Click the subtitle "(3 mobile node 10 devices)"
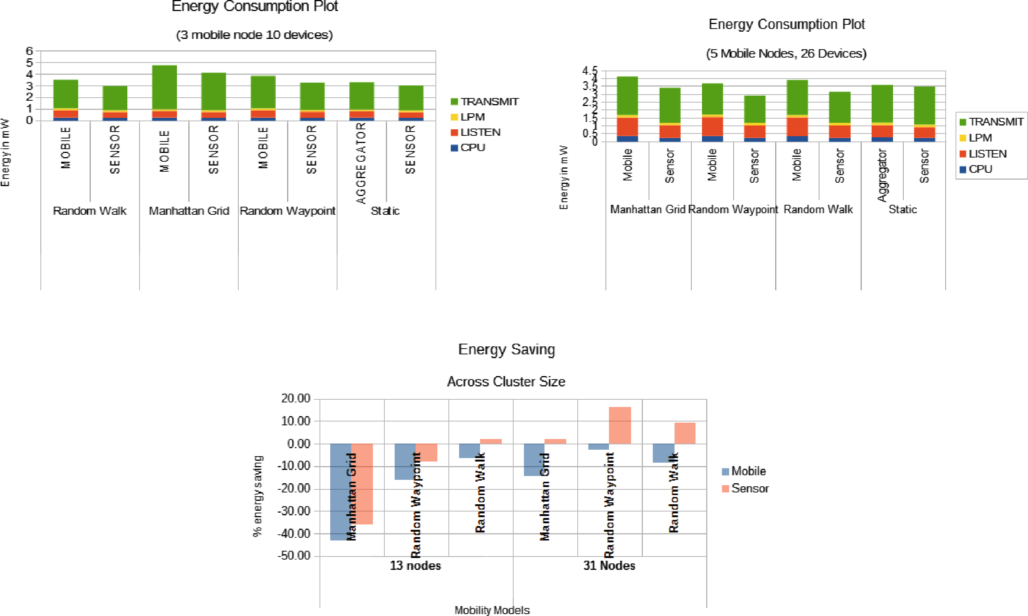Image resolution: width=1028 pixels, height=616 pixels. [254, 35]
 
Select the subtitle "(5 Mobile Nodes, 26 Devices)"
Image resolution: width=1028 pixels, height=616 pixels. [786, 53]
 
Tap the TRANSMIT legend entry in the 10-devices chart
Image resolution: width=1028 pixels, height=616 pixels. [485, 102]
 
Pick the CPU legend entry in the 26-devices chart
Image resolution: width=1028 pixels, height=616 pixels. [976, 169]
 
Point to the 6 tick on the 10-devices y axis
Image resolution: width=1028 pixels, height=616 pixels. [29, 51]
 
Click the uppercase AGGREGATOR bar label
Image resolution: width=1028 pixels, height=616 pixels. [361, 163]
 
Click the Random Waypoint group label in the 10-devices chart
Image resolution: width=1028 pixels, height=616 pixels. [288, 211]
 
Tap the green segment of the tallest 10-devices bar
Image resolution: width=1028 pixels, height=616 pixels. [164, 87]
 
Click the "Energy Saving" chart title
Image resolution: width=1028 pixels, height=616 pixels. [506, 349]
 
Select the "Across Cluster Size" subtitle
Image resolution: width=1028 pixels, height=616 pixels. [506, 381]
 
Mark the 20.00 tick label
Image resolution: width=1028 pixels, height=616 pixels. [296, 399]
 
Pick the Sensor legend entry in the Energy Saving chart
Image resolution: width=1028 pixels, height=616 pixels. [745, 489]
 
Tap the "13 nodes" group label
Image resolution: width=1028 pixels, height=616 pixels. [415, 566]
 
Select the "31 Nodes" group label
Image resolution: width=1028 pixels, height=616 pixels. [609, 566]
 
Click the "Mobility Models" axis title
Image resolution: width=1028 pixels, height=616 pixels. [492, 610]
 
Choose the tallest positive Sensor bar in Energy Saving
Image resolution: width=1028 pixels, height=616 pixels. [620, 425]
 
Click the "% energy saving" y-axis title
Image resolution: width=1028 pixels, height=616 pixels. [258, 496]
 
